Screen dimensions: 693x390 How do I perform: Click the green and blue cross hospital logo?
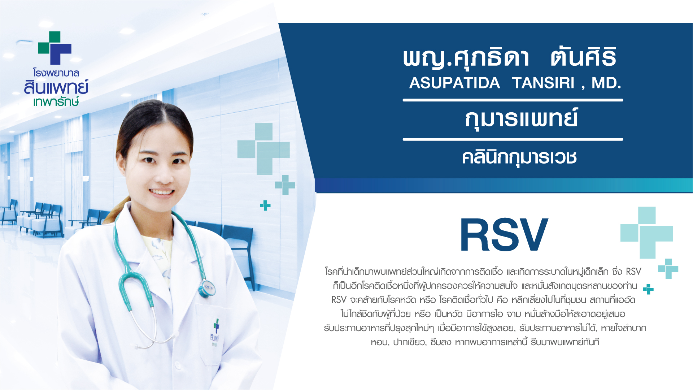55,48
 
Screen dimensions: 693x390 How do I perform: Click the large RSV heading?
504,235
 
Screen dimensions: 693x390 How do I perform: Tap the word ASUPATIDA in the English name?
454,83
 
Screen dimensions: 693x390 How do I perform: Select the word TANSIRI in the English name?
543,83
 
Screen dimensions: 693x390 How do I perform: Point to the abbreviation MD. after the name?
606,83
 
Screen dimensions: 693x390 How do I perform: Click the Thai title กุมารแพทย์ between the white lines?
521,119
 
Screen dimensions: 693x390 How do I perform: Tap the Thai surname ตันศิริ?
584,57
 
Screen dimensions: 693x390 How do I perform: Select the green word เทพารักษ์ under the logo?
56,101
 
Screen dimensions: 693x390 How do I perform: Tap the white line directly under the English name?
513,100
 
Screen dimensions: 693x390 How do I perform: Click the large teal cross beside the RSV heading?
646,233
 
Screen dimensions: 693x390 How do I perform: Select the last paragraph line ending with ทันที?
485,342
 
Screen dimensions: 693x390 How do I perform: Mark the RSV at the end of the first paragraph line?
633,272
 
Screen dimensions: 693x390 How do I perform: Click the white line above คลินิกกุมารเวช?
513,139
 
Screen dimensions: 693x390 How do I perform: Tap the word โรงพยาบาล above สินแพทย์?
56,73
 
